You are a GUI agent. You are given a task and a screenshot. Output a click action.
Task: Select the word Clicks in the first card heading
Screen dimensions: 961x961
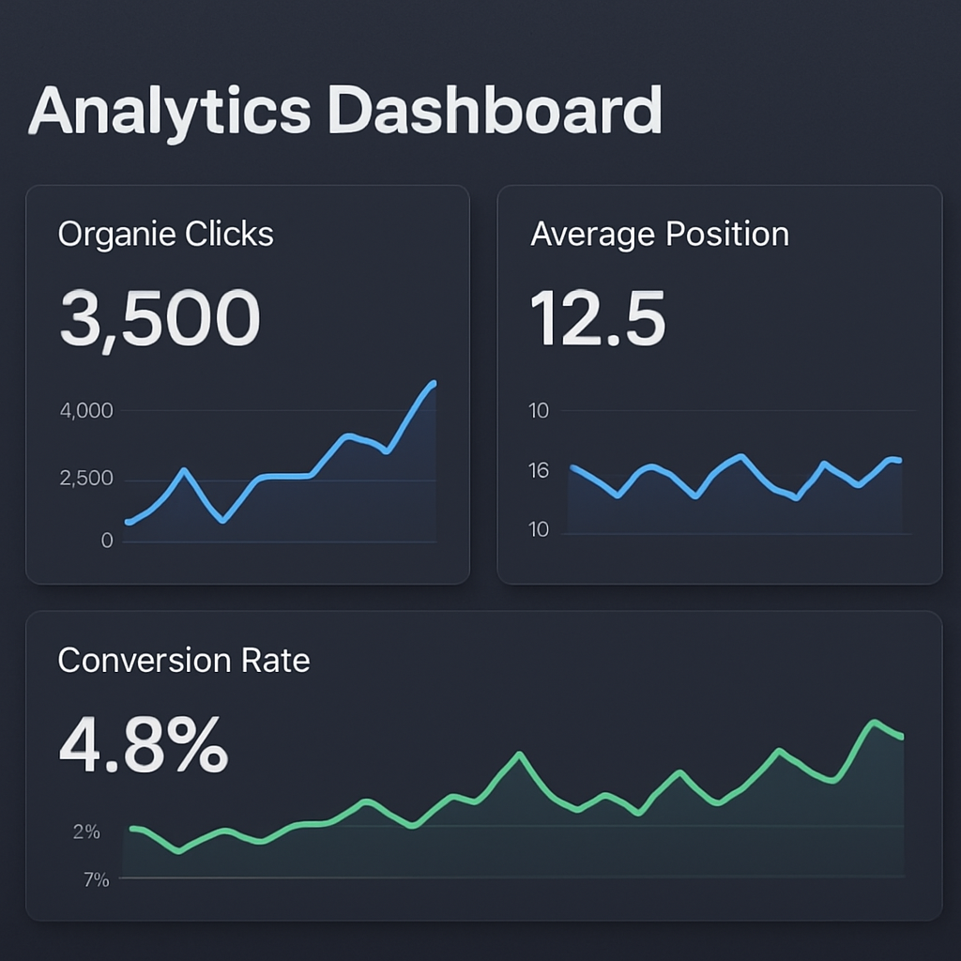coord(229,234)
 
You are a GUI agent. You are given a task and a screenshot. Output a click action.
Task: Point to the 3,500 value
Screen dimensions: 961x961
coord(160,318)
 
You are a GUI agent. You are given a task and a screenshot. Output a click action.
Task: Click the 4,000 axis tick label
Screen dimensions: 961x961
coord(85,411)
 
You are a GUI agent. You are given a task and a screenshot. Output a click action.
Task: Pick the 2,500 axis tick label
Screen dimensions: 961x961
coord(85,479)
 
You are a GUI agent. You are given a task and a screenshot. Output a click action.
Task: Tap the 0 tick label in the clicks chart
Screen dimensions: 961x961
coord(107,541)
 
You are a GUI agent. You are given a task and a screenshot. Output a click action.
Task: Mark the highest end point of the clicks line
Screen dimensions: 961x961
coord(434,383)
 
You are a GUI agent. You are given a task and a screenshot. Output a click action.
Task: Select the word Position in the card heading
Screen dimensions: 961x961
coord(726,234)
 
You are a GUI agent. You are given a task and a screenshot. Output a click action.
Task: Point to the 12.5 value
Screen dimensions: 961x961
coord(598,318)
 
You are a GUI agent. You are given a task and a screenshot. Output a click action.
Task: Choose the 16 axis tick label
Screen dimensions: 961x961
coord(539,471)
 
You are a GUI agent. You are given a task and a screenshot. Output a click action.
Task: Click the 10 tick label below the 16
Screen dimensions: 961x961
coord(539,530)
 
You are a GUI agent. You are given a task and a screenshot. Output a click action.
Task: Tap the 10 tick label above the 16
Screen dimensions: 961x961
coord(539,411)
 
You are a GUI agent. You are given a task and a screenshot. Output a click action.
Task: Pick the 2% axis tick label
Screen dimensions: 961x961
coord(86,831)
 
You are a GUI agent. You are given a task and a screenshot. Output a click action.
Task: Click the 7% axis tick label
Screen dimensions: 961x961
coord(96,880)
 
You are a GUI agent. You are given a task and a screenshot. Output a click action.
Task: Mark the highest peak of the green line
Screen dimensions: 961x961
coord(875,722)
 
